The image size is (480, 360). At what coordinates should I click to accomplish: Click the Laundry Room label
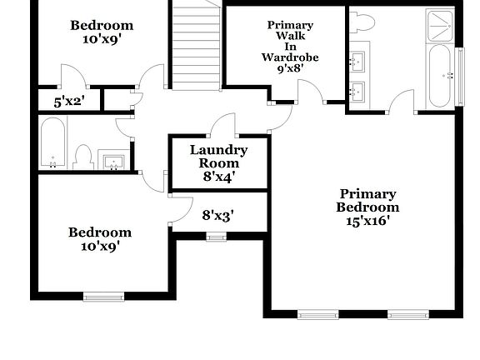click(x=218, y=162)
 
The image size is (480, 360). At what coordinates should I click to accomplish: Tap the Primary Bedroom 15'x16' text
click(x=367, y=206)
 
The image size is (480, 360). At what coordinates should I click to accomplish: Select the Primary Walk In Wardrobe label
click(x=284, y=47)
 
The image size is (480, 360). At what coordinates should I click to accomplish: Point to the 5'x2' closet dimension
click(x=69, y=102)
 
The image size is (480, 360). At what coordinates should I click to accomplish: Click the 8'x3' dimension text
click(x=218, y=214)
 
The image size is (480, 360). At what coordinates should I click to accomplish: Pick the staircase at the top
click(x=196, y=46)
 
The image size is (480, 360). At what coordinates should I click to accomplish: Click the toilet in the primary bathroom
click(x=362, y=22)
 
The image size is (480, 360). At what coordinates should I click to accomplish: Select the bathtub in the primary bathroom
click(x=439, y=76)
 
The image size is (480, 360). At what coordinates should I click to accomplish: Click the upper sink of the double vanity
click(x=358, y=60)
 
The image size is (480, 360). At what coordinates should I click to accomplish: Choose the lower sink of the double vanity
click(x=358, y=90)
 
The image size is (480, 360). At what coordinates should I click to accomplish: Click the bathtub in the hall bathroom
click(x=52, y=142)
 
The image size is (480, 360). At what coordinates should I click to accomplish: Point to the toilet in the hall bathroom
click(x=82, y=156)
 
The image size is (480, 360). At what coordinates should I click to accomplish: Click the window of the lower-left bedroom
click(x=103, y=297)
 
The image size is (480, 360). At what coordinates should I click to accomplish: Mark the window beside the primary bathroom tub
click(x=459, y=76)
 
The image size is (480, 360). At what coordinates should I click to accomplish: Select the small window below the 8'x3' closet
click(x=217, y=237)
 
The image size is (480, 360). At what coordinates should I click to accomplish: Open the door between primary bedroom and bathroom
click(x=402, y=102)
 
